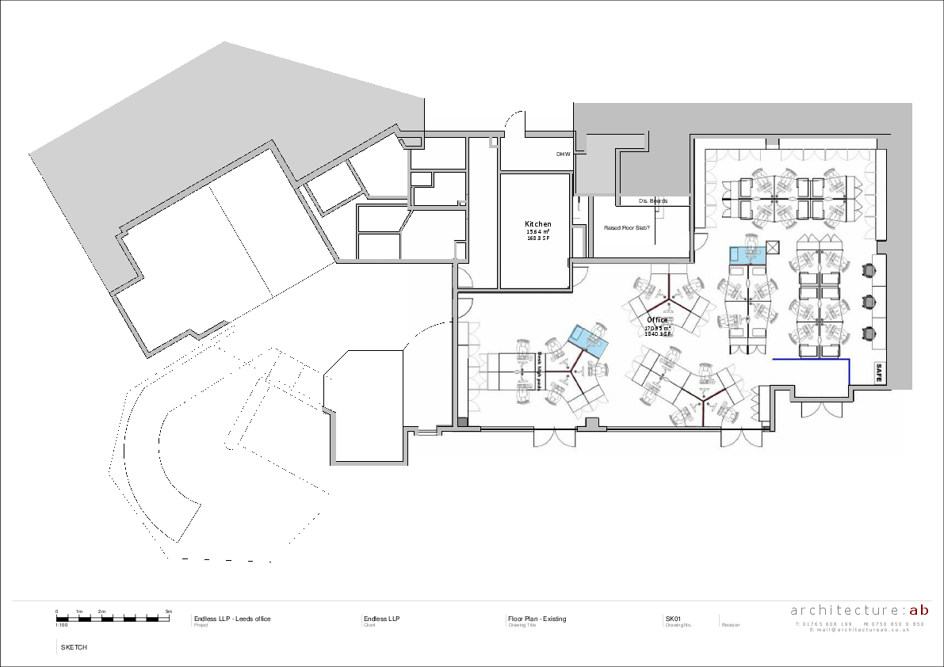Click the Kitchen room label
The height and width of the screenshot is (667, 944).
[537, 224]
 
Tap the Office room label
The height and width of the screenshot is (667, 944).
[657, 320]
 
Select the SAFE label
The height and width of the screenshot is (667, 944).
[878, 373]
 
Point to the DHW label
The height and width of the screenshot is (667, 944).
[563, 154]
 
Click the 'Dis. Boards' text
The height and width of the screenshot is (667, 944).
[652, 201]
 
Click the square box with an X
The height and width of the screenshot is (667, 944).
[774, 246]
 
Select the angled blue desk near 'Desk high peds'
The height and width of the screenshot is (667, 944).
[588, 338]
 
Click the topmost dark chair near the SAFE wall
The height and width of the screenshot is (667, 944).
[870, 269]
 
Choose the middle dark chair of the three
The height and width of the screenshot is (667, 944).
[870, 302]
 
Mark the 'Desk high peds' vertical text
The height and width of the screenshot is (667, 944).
[539, 370]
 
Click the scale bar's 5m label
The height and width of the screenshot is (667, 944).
[169, 612]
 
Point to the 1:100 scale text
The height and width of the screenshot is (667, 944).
[62, 625]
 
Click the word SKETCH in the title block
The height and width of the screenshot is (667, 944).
[74, 647]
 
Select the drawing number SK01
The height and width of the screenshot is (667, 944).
[673, 619]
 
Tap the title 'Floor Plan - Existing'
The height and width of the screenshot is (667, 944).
[537, 619]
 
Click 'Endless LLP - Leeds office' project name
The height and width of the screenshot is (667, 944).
[232, 619]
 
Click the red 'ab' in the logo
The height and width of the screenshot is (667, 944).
[919, 610]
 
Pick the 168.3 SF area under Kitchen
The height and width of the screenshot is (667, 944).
[537, 238]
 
